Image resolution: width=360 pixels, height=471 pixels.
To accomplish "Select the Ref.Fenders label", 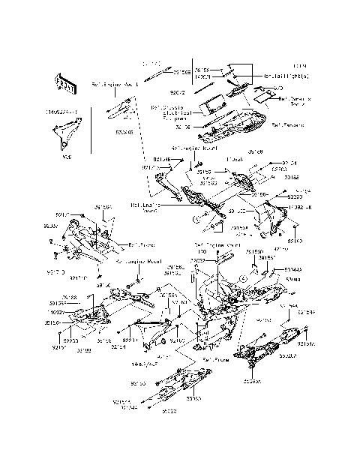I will coord(287,125).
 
